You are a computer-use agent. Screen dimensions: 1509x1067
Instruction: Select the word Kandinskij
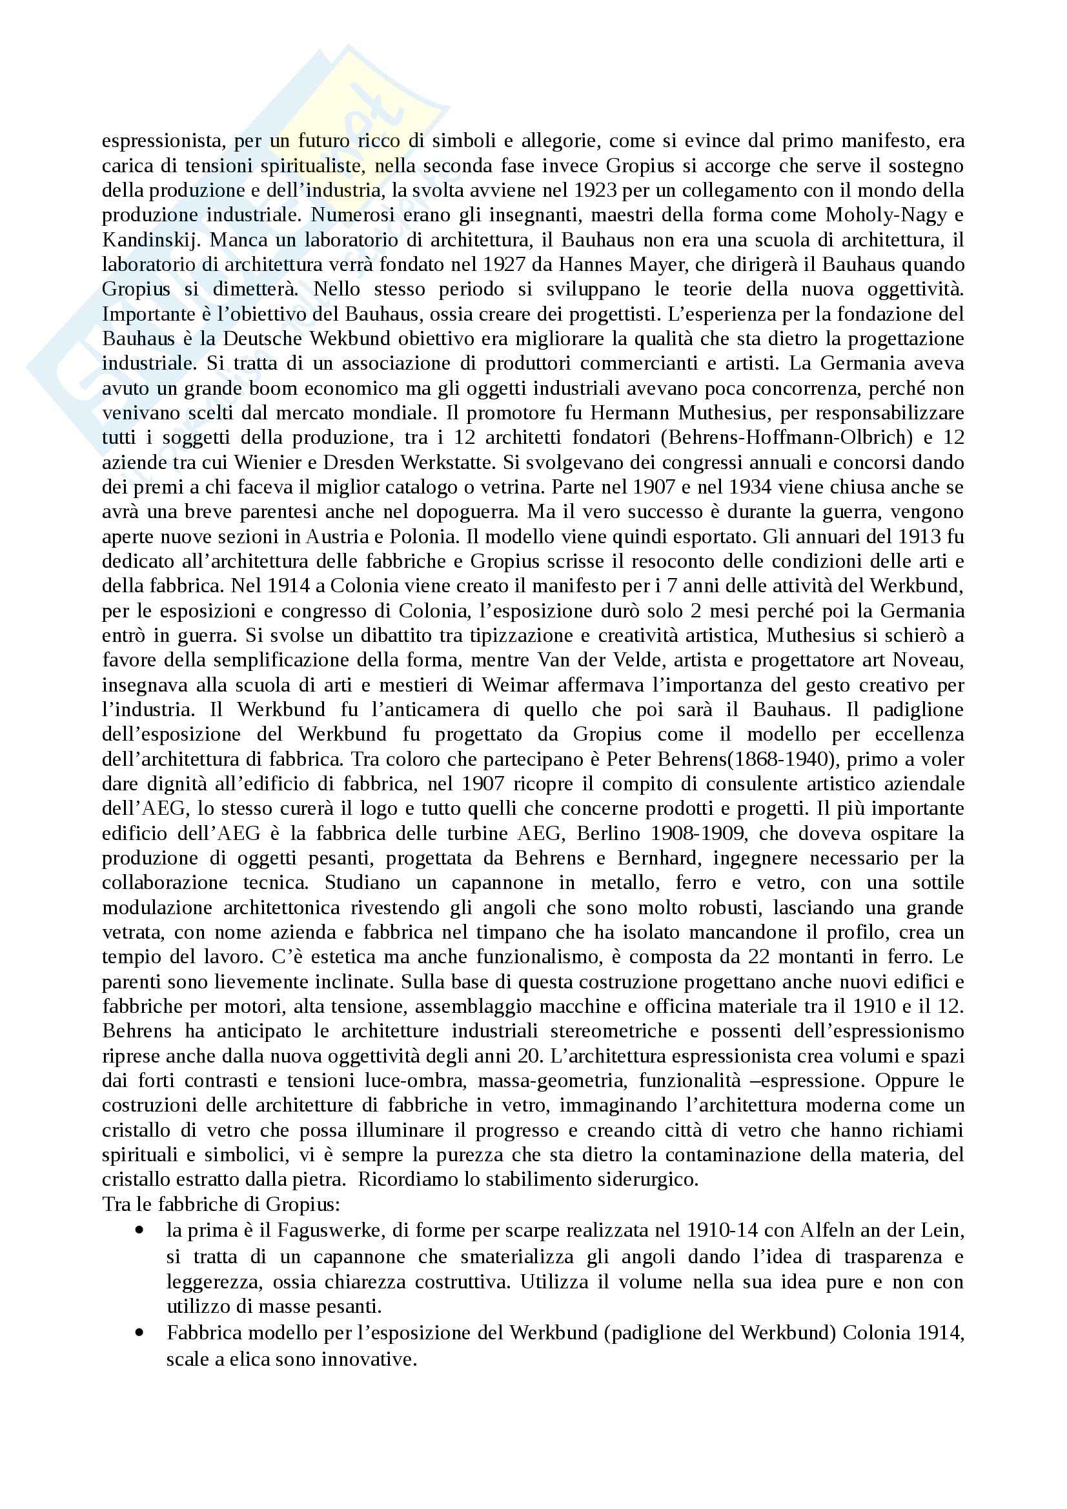(140, 240)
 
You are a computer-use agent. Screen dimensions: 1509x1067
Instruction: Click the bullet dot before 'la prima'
(139, 1230)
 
